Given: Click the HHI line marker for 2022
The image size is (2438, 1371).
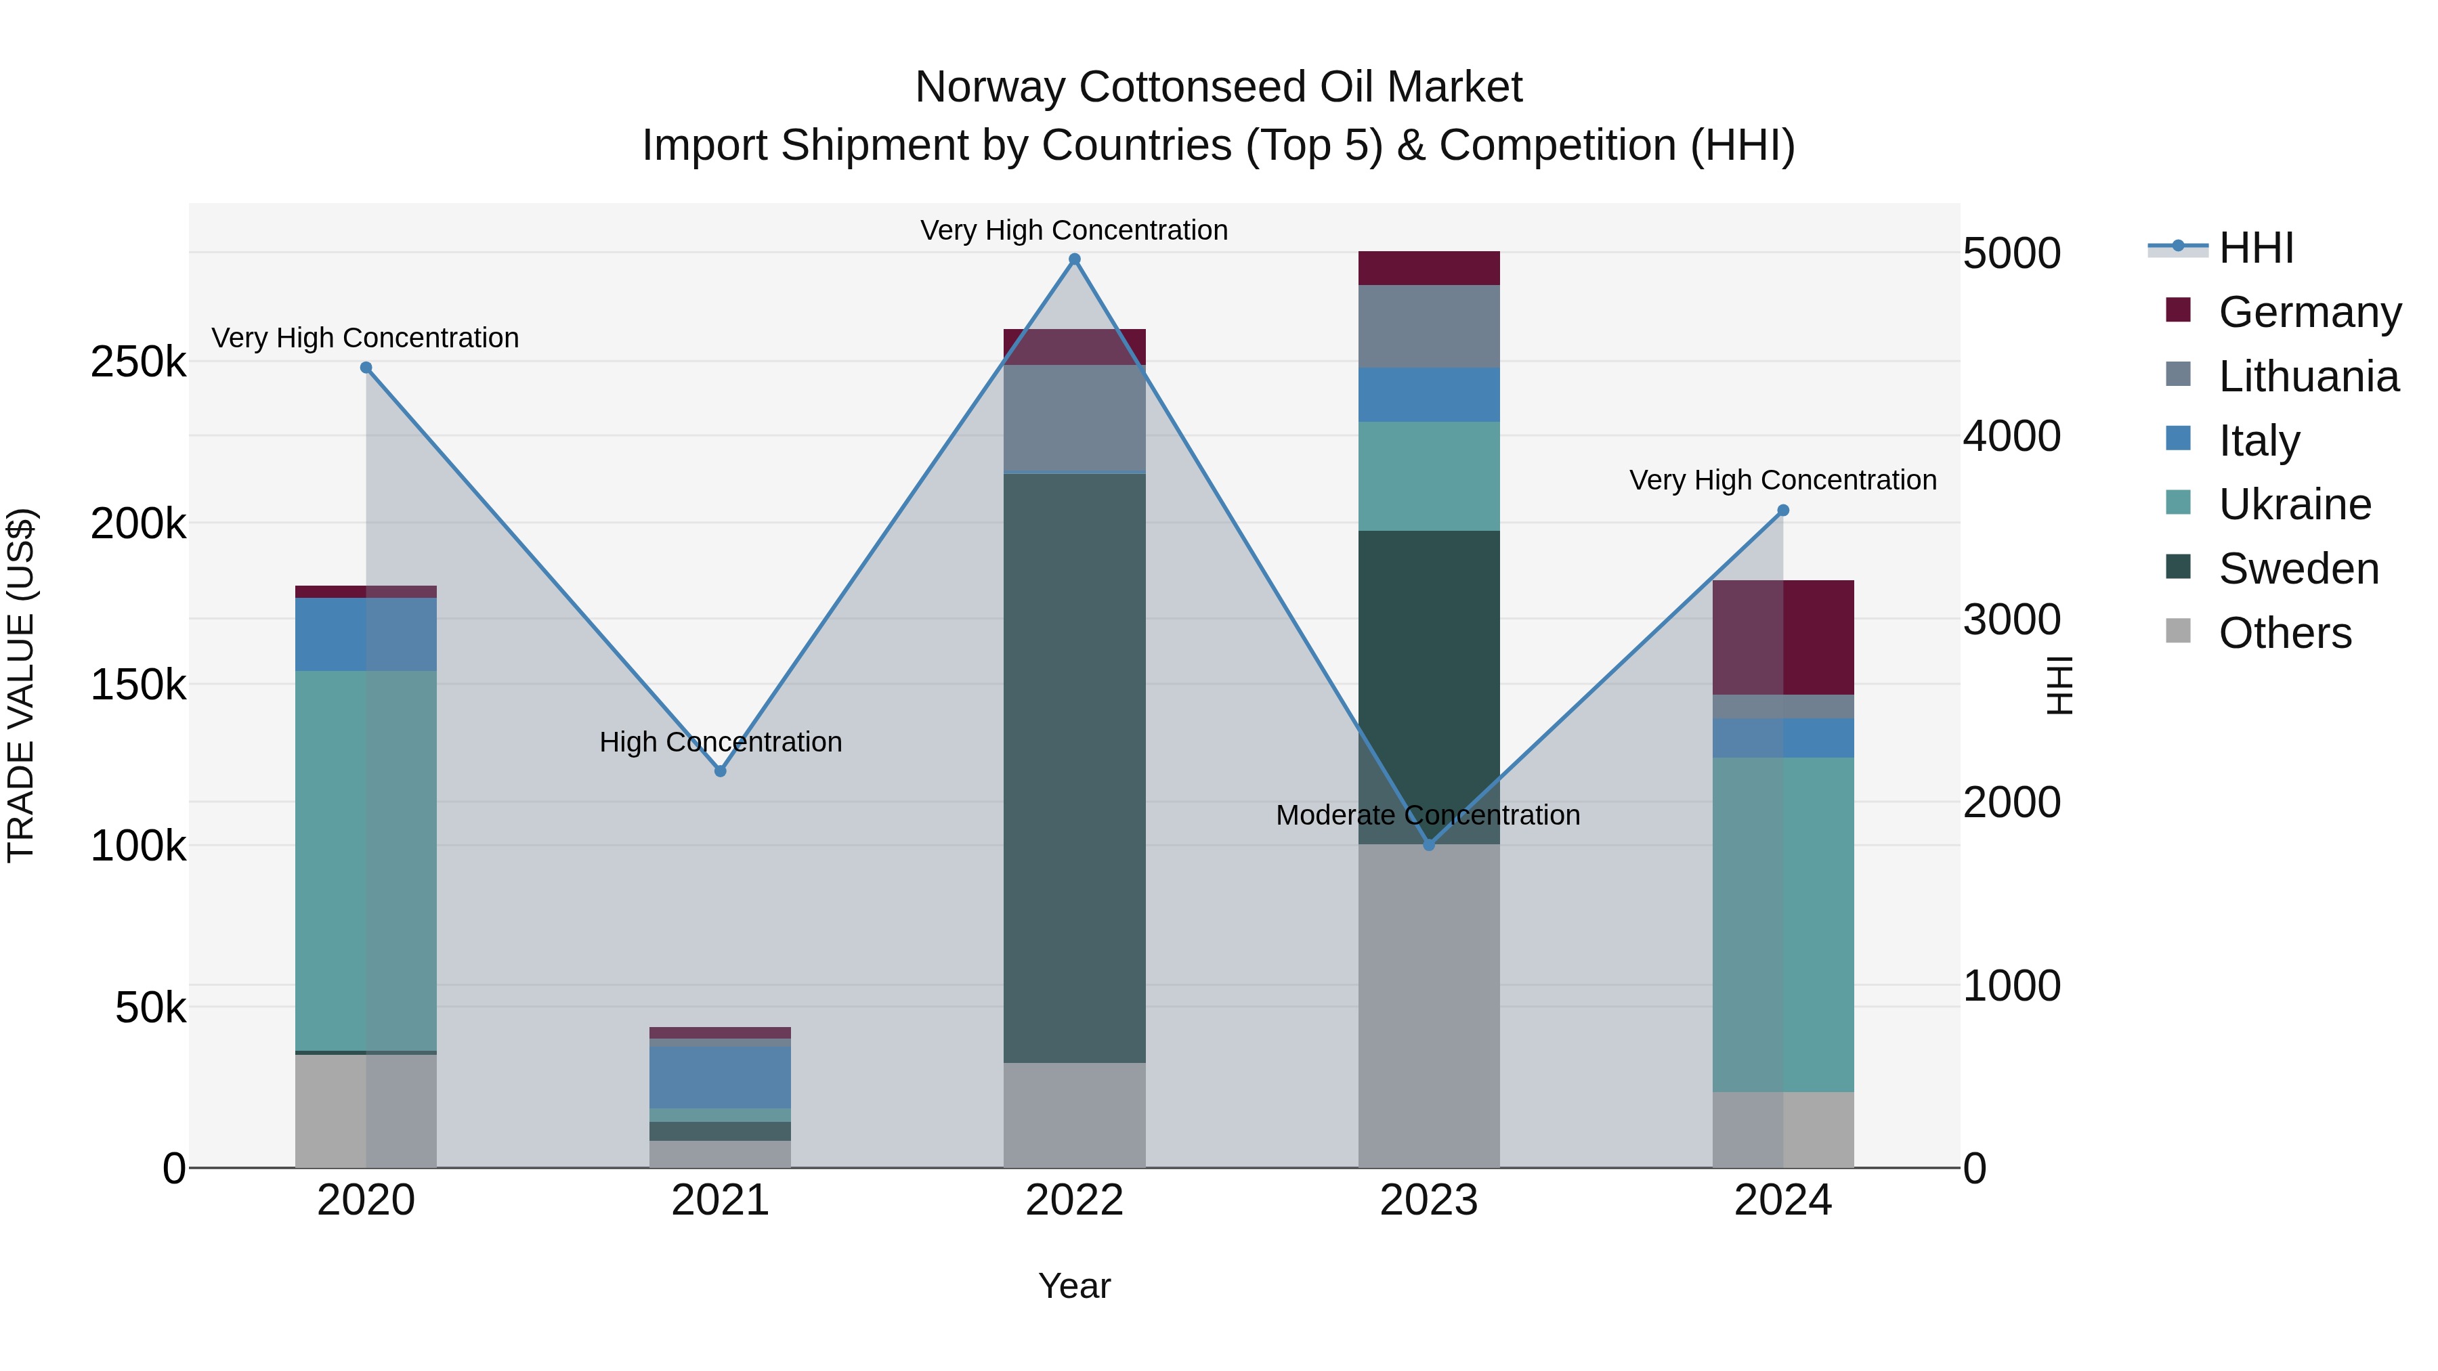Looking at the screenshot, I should point(1074,259).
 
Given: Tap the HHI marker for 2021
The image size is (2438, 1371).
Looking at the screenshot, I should point(721,771).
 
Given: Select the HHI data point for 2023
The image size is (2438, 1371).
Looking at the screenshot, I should point(1429,845).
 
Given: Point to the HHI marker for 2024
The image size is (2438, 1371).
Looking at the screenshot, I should point(1783,511).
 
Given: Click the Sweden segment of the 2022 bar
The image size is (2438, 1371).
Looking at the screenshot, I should point(1074,766).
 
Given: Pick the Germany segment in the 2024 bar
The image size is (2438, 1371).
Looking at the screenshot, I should point(1783,637).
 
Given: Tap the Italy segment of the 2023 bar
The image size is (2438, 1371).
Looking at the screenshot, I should point(1429,395).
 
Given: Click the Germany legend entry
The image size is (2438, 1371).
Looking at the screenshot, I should point(2309,312).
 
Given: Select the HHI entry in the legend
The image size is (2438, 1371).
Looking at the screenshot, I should point(2255,248).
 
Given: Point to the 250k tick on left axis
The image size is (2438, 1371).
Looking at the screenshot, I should point(138,362).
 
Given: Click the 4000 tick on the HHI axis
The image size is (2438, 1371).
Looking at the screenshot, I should point(2012,436).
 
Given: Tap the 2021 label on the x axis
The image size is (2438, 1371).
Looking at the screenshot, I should point(721,1200).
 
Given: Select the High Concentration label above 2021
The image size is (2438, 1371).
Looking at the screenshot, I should point(721,742).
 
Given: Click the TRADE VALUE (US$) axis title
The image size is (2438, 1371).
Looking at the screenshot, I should point(22,685).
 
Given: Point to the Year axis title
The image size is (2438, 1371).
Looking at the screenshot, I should point(1074,1286).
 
